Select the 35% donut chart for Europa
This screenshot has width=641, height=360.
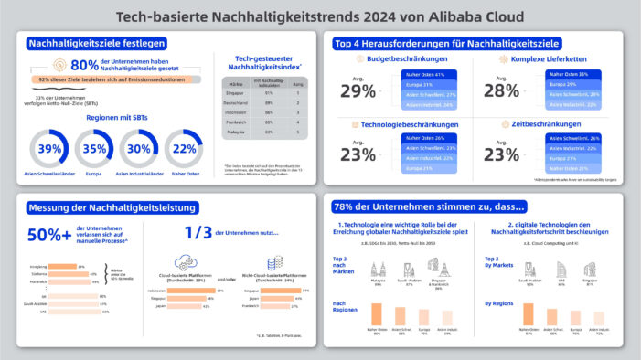[95, 149]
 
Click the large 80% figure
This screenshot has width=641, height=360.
[84, 65]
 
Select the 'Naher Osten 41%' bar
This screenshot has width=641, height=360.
[425, 74]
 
